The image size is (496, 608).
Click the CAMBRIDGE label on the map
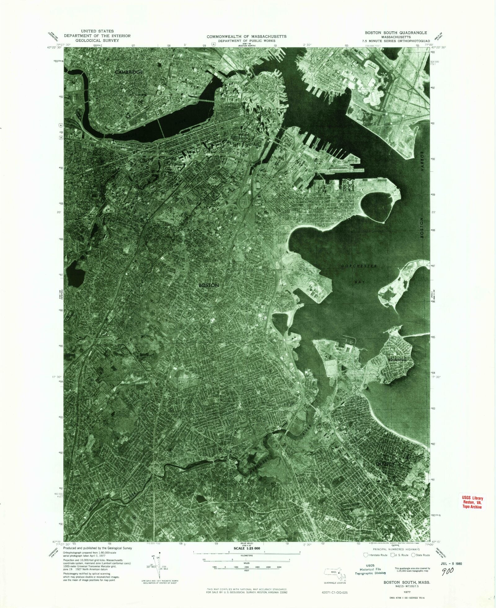[129, 72]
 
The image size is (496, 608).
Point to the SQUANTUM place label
[396, 360]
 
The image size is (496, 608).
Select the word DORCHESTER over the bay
[359, 266]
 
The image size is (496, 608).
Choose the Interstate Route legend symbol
[366, 555]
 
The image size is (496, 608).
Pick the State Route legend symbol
[414, 555]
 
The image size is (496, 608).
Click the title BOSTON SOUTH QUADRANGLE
[396, 33]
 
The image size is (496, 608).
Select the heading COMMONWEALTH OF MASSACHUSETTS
[247, 37]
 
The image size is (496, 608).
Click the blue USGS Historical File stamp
[370, 569]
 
